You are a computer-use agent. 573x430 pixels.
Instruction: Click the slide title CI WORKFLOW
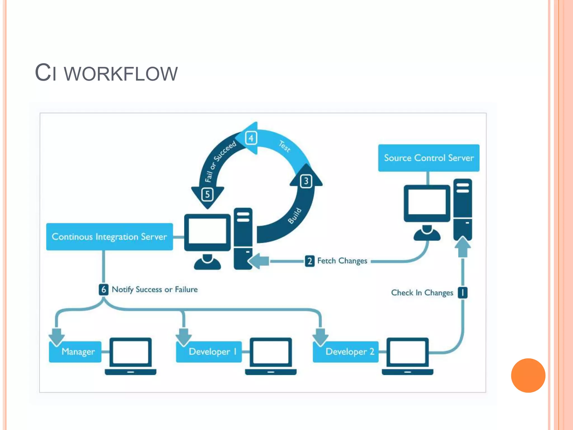[x=106, y=73]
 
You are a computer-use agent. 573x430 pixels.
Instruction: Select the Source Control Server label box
[x=428, y=158]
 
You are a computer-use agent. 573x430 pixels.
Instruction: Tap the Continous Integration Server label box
[x=109, y=237]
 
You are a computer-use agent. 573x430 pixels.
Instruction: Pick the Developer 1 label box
[x=209, y=352]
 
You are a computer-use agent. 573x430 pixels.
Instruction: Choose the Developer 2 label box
[x=346, y=352]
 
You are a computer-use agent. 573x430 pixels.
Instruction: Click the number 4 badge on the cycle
[x=251, y=138]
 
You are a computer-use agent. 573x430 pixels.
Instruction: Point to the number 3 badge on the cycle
[x=306, y=181]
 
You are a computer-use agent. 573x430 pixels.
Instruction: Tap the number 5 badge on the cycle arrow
[x=207, y=194]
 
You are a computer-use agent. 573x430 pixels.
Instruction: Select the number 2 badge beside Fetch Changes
[x=309, y=261]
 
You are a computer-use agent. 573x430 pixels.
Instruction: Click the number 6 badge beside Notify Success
[x=104, y=289]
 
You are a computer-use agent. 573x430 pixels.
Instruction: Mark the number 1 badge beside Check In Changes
[x=462, y=293]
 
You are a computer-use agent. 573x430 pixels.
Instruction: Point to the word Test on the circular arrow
[x=285, y=146]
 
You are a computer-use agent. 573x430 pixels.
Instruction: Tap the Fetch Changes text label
[x=342, y=261]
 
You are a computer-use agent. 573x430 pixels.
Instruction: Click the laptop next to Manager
[x=130, y=356]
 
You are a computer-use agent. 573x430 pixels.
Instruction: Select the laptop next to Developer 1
[x=271, y=356]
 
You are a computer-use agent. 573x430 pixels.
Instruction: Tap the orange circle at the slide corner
[x=528, y=375]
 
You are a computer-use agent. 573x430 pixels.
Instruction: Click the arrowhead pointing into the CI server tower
[x=256, y=261]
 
